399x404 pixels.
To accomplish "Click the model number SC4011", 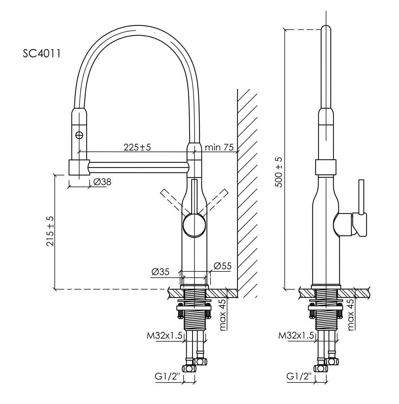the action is tap(42, 54).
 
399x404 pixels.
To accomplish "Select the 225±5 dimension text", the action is tap(137, 147).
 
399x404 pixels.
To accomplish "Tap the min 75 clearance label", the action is tap(219, 147).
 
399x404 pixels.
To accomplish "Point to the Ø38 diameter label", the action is tap(102, 182).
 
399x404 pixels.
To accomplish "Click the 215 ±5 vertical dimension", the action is tap(51, 231).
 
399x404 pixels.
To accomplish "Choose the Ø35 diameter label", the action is tap(161, 272).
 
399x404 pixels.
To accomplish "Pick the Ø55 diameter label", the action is tap(223, 266).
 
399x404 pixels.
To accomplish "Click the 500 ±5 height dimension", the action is tap(279, 172).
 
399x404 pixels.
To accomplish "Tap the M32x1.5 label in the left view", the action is tap(164, 336).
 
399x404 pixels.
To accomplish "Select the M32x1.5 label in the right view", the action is tap(296, 336).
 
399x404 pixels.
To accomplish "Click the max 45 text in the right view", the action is tap(351, 314).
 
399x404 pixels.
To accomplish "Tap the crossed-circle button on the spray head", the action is tap(79, 135).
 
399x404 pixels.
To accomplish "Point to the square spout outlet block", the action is tap(79, 167).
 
